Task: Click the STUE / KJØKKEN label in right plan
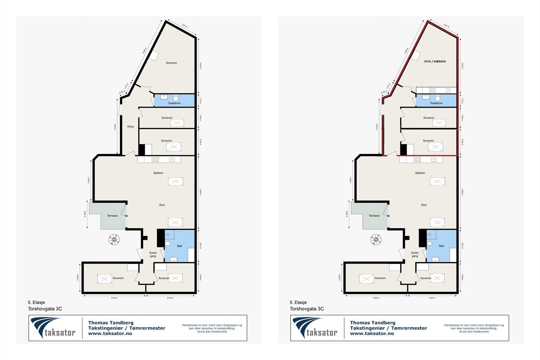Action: click(x=435, y=61)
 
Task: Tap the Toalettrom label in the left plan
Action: click(x=174, y=103)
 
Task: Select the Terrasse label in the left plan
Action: click(x=112, y=216)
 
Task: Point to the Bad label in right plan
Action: click(x=441, y=246)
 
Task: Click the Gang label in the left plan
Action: click(x=130, y=127)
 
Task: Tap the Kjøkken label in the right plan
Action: click(x=420, y=173)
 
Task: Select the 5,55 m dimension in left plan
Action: click(x=115, y=298)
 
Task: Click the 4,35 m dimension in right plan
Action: click(x=432, y=298)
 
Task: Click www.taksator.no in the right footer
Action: click(x=372, y=333)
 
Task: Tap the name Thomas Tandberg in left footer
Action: click(x=111, y=323)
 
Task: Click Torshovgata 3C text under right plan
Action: click(x=306, y=309)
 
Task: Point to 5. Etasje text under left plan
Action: click(x=36, y=303)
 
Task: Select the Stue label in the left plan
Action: click(x=162, y=205)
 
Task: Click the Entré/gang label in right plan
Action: click(x=415, y=254)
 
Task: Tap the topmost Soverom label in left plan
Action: click(x=171, y=63)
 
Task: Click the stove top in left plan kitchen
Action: click(x=155, y=160)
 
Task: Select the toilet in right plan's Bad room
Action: click(x=430, y=244)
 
